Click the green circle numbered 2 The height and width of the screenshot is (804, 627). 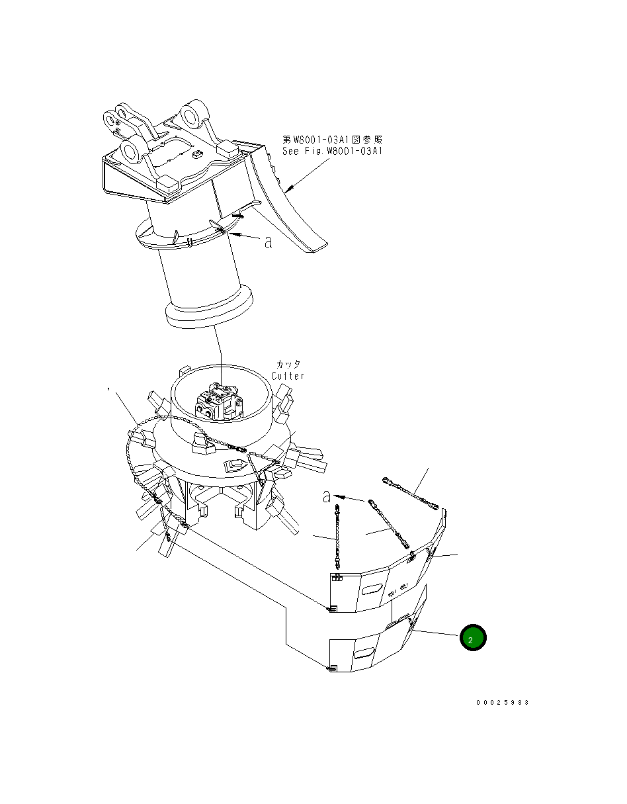coord(473,638)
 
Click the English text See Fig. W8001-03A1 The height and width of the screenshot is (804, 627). coord(333,151)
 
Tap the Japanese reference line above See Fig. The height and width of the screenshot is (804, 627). coord(333,140)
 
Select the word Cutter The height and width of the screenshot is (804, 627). coord(288,376)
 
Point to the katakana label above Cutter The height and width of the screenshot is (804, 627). coord(288,365)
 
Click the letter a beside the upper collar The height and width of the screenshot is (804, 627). coord(268,243)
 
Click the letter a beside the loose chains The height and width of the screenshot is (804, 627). coord(326,496)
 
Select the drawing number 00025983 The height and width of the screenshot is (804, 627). coord(502,703)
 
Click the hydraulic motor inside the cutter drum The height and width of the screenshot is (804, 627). coord(220,402)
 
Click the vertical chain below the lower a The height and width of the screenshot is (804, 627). coord(339,536)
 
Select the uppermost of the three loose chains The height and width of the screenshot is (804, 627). coord(411,493)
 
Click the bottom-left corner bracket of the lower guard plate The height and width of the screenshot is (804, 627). coord(333,668)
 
